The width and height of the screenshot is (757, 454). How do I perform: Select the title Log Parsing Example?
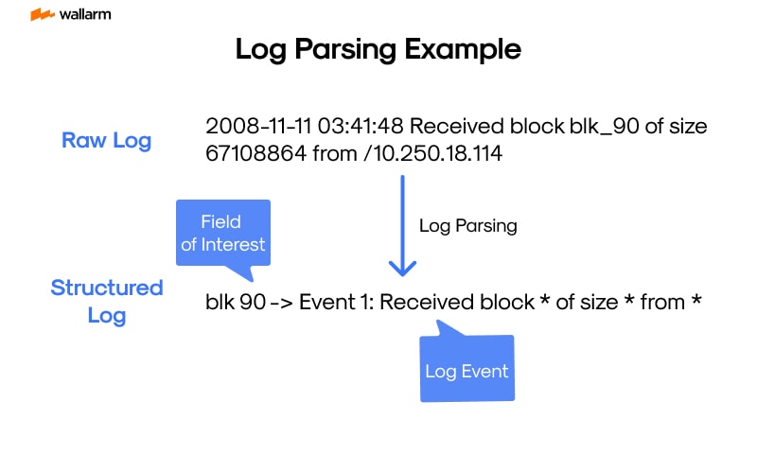[378, 50]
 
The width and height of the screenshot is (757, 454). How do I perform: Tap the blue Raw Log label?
[106, 140]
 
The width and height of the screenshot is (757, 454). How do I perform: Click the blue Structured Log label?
[106, 301]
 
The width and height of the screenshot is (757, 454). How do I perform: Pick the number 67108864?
[254, 152]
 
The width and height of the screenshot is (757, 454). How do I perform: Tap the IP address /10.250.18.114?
[432, 152]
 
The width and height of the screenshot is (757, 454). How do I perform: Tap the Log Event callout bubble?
[467, 369]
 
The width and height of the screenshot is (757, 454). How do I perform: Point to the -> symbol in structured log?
[276, 303]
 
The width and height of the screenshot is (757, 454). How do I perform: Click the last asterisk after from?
[695, 303]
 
